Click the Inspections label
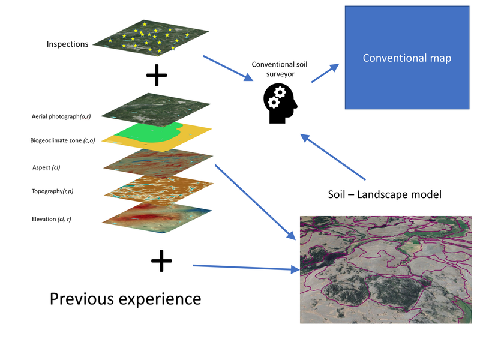tap(67, 44)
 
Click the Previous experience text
tap(125, 298)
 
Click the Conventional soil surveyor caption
tap(280, 68)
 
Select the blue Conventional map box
tap(406, 58)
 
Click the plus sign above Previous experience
tap(161, 260)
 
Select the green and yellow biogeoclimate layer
tap(157, 134)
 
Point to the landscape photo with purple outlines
tap(385, 270)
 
